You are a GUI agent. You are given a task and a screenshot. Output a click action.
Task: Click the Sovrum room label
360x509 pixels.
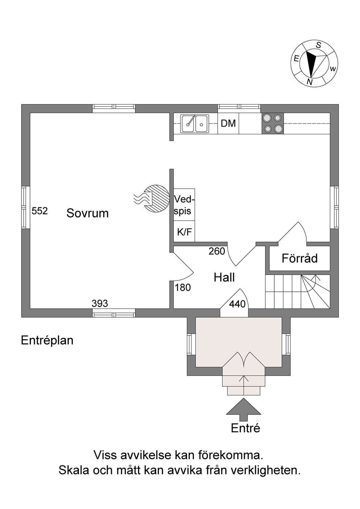(x=87, y=213)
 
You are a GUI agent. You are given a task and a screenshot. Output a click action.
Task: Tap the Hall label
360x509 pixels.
(x=224, y=278)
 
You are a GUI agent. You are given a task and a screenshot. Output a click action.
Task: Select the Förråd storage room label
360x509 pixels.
(x=299, y=258)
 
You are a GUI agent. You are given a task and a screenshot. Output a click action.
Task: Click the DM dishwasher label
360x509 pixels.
(x=228, y=123)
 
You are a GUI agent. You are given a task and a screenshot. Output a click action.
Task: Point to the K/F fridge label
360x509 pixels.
(x=185, y=232)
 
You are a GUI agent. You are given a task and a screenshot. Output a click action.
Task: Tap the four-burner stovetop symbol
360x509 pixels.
(x=273, y=123)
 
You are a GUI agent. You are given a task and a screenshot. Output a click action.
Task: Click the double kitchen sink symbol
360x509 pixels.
(x=195, y=123)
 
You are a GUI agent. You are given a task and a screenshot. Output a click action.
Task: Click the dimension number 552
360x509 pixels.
(x=40, y=211)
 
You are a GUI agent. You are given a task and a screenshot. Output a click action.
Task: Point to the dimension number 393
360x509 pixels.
(x=100, y=303)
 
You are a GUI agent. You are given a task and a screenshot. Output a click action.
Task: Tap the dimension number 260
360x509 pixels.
(x=217, y=251)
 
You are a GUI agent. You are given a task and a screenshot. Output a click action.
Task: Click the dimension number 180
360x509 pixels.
(x=183, y=288)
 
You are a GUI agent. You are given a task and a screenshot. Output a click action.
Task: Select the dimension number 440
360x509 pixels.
(x=237, y=304)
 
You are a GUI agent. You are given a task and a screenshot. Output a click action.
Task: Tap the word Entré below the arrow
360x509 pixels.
(x=245, y=428)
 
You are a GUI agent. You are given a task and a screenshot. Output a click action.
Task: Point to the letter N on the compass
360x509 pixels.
(x=309, y=82)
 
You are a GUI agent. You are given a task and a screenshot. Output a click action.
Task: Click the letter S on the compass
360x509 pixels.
(x=319, y=45)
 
